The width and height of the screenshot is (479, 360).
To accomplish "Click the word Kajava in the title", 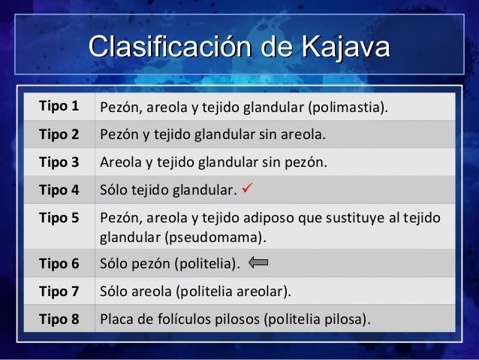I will tap(345, 46).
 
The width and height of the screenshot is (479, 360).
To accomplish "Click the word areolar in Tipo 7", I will tap(264, 290).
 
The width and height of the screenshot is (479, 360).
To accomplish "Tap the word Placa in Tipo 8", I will tap(116, 319).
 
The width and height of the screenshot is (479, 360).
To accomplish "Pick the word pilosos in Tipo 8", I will tap(235, 319).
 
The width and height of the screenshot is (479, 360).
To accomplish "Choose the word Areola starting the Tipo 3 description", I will tap(119, 162).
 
